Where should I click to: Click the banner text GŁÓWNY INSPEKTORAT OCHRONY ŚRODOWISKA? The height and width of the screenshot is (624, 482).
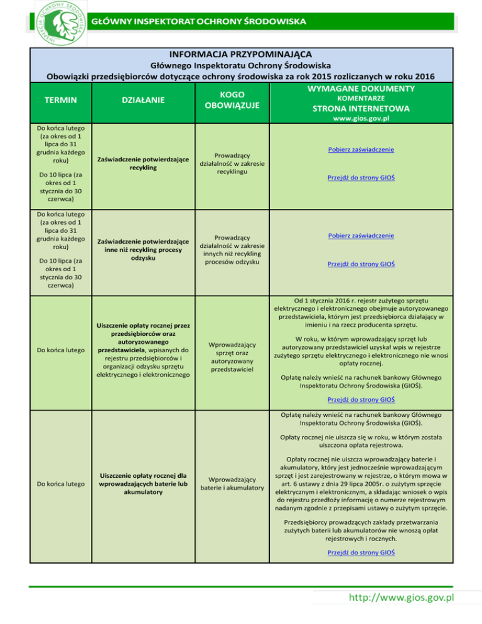[x=199, y=21]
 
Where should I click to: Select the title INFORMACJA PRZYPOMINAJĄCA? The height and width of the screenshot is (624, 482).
[x=240, y=55]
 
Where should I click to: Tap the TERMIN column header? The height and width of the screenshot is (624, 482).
[x=60, y=99]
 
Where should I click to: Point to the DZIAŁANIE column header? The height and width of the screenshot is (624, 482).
[x=144, y=99]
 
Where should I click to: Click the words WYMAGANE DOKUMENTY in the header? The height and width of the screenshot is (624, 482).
[x=361, y=88]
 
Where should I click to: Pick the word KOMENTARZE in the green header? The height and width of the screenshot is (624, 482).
[x=361, y=99]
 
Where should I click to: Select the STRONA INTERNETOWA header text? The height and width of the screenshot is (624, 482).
[x=361, y=109]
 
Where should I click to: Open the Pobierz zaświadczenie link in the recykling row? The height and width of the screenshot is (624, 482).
[x=361, y=149]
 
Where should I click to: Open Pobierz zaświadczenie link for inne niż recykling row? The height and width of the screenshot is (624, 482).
[x=361, y=235]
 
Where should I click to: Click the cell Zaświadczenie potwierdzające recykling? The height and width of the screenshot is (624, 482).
[x=144, y=163]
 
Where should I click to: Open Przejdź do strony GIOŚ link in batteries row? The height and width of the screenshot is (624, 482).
[x=361, y=552]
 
